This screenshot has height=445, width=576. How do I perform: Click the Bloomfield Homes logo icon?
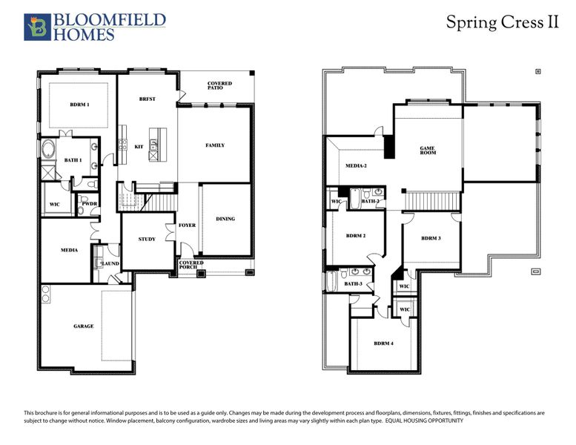(35, 27)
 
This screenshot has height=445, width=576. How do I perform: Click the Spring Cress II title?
(501, 22)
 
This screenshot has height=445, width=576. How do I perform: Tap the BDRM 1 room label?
(79, 105)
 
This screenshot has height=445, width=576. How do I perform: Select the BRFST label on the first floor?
(147, 99)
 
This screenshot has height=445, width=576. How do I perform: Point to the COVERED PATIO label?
(219, 85)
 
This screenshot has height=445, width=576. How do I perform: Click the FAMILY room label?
(215, 145)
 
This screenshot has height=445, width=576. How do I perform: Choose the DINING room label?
(225, 219)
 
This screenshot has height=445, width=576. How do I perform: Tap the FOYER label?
(188, 225)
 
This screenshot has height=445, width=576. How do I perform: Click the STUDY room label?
(147, 239)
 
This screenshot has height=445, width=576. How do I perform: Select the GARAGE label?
(83, 326)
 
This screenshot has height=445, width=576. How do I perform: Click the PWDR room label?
(90, 203)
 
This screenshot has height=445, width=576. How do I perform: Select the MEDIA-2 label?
(357, 165)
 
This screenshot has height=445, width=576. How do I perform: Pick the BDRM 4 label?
(383, 343)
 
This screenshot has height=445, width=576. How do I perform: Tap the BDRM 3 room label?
(431, 238)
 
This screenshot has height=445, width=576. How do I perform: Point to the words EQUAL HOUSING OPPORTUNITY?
(423, 421)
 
